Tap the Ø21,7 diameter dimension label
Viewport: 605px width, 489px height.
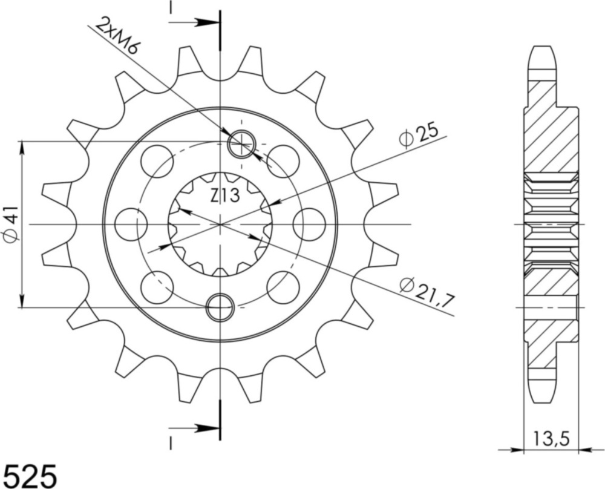(427, 292)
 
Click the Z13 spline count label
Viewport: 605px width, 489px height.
(226, 195)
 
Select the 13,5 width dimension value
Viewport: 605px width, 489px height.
(549, 437)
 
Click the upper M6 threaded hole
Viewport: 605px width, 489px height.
(241, 143)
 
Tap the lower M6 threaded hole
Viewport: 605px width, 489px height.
(220, 307)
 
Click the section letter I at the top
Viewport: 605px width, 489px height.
(171, 8)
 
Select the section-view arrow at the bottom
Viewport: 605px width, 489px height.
(195, 428)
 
